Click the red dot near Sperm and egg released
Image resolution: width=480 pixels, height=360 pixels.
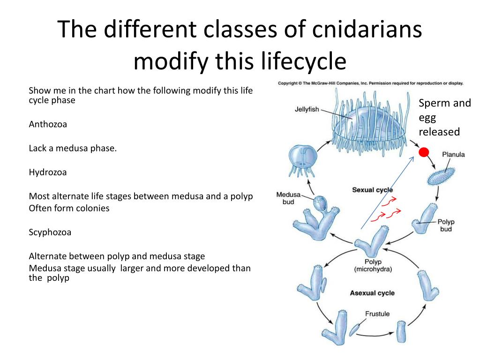pyautogui.click(x=424, y=152)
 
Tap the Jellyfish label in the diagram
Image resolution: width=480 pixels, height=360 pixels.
pyautogui.click(x=307, y=109)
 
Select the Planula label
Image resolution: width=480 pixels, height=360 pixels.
pyautogui.click(x=453, y=154)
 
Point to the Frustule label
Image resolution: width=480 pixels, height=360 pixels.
pyautogui.click(x=377, y=314)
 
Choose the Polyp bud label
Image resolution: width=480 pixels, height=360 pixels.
pyautogui.click(x=446, y=225)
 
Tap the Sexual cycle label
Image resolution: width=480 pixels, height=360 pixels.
pyautogui.click(x=372, y=190)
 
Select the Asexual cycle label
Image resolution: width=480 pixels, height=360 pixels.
pyautogui.click(x=372, y=293)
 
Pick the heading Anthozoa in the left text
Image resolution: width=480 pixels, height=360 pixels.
pyautogui.click(x=48, y=124)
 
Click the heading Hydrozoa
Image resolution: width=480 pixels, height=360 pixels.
pyautogui.click(x=48, y=172)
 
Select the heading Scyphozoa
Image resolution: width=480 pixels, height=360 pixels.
pyautogui.click(x=50, y=232)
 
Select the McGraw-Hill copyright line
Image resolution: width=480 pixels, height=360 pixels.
pyautogui.click(x=370, y=83)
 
